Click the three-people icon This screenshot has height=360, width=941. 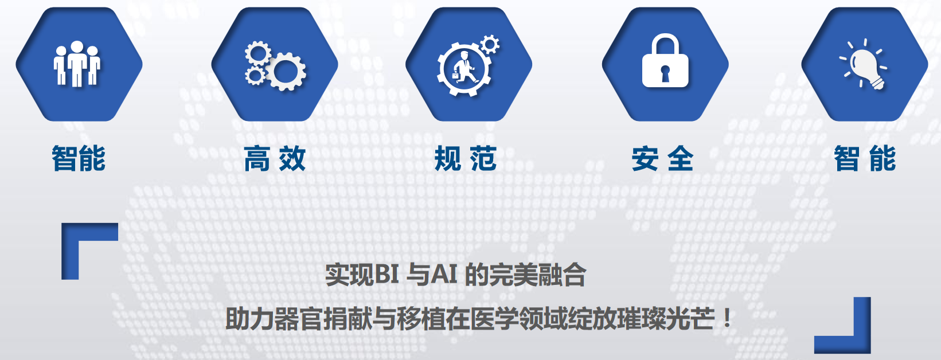77,64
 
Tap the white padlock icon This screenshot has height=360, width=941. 665,61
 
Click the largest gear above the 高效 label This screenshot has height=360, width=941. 285,72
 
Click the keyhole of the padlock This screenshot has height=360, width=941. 665,73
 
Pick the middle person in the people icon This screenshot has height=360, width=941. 77,64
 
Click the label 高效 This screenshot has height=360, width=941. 275,158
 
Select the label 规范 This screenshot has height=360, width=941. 466,158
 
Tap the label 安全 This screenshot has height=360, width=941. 662,158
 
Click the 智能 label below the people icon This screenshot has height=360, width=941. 79,158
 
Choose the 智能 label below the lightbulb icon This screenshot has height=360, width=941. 865,158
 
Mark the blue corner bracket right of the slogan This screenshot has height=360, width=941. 862,345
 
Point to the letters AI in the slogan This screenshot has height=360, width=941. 444,275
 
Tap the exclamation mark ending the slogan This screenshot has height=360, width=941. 727,319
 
